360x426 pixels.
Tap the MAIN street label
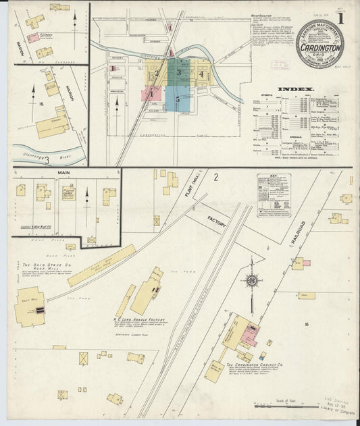tap(64, 173)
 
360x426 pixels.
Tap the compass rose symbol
tap(251, 280)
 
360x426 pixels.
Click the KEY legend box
tap(274, 186)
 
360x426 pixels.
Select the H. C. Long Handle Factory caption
tap(138, 320)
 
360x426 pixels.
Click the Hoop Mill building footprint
tap(28, 308)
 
